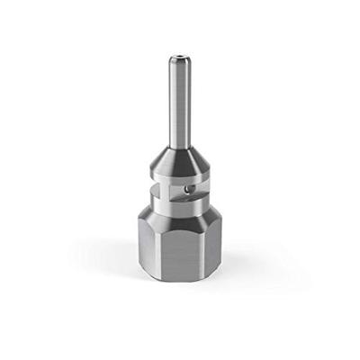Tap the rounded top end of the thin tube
pyautogui.click(x=180, y=58)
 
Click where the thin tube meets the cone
pyautogui.click(x=180, y=146)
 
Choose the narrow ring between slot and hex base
pyautogui.click(x=180, y=202)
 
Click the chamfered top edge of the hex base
pyautogui.click(x=180, y=214)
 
